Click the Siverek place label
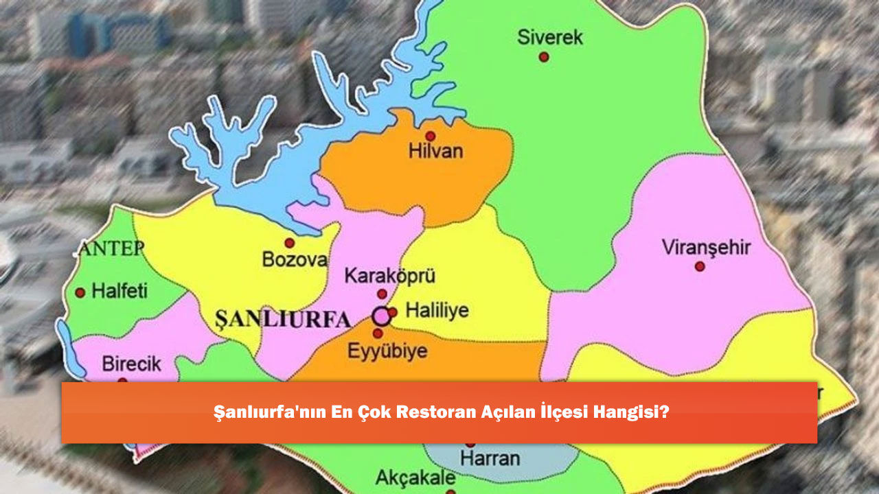click(x=549, y=37)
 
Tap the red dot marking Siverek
click(x=544, y=57)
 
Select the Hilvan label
click(x=435, y=152)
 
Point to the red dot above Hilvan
click(x=430, y=136)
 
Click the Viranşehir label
click(x=706, y=247)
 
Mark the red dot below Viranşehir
click(x=699, y=266)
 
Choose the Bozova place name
click(x=295, y=260)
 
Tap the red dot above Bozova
click(x=290, y=243)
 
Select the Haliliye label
click(x=437, y=311)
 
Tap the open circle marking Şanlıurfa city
click(x=380, y=316)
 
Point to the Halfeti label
click(x=119, y=291)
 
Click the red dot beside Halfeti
click(x=80, y=292)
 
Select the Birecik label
click(x=131, y=364)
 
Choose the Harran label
click(x=490, y=458)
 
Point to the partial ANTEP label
click(x=111, y=248)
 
